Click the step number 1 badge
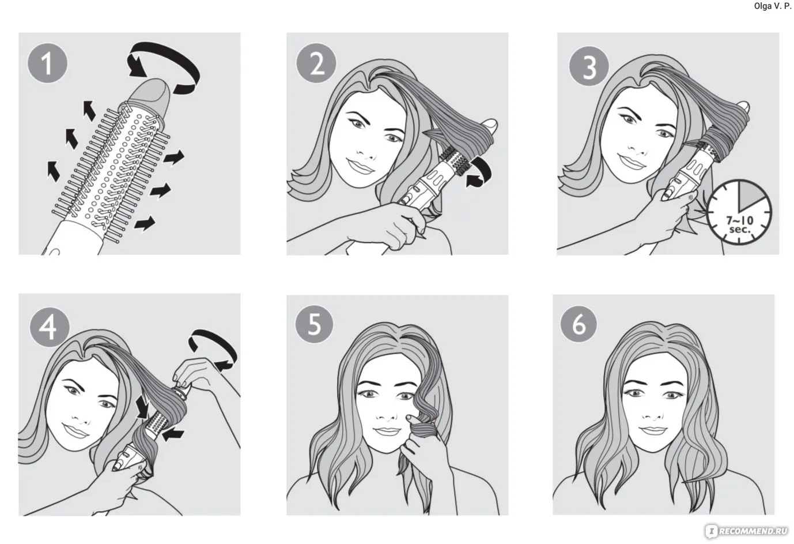tap(47, 63)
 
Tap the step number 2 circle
tap(316, 63)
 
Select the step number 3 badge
tap(589, 66)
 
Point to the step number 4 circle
tap(50, 327)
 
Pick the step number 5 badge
tap(314, 324)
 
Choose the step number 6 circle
tap(580, 324)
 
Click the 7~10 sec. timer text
tap(739, 224)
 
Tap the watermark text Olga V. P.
tap(772, 6)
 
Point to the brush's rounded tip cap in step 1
tap(150, 95)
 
